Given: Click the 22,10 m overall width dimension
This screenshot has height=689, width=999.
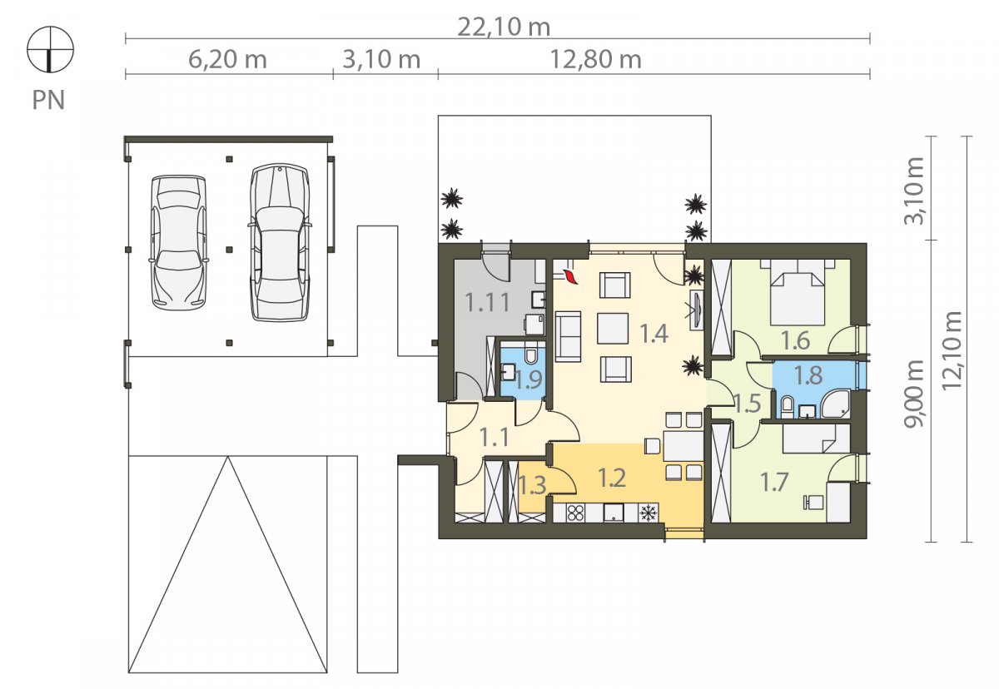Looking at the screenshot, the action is tap(504, 27).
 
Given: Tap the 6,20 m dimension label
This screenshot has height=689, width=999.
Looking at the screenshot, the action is tap(227, 60).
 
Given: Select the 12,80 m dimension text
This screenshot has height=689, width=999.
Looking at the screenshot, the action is tap(596, 60).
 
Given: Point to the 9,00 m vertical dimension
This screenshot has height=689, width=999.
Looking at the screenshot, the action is tap(914, 394).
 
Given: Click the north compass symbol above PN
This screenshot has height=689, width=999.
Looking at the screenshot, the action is tap(51, 49).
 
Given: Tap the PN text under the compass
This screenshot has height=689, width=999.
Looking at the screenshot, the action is tap(48, 100).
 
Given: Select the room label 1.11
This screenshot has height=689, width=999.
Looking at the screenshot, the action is tap(487, 302).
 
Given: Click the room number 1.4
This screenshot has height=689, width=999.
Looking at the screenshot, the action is tap(654, 334).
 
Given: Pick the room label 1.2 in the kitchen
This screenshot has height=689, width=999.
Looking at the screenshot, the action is tap(611, 478).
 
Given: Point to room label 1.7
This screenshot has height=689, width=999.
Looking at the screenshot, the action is tap(773, 482).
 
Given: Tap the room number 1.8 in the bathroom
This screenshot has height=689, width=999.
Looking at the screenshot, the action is tap(808, 374).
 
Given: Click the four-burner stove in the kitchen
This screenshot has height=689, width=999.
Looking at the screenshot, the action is tap(575, 513).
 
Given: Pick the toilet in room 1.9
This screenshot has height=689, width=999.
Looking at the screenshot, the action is tap(531, 355).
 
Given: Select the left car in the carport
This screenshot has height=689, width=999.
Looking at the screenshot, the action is tap(179, 242).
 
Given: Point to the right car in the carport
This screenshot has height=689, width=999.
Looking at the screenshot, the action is tap(280, 242).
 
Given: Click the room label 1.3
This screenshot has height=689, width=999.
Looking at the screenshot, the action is tap(532, 485).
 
